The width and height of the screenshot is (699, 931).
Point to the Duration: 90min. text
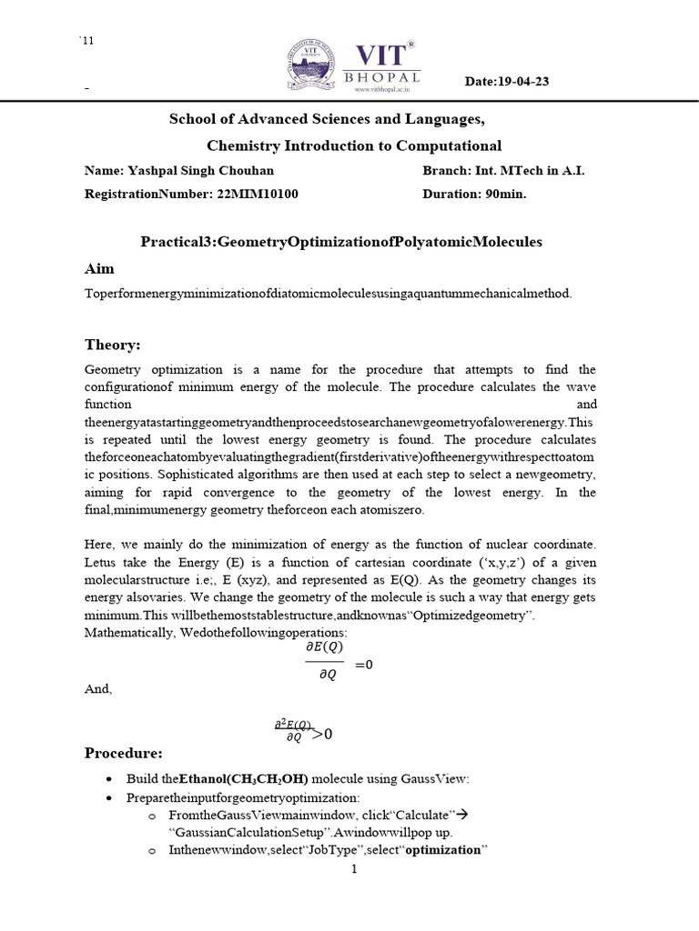tap(474, 194)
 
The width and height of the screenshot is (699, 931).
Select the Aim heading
tap(99, 269)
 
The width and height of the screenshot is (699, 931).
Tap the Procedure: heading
tap(123, 753)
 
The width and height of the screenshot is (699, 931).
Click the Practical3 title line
tap(340, 242)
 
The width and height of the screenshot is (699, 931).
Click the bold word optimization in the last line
tap(442, 850)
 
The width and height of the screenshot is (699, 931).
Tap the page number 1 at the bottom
tap(355, 870)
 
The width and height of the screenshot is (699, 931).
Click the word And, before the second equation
tap(98, 689)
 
